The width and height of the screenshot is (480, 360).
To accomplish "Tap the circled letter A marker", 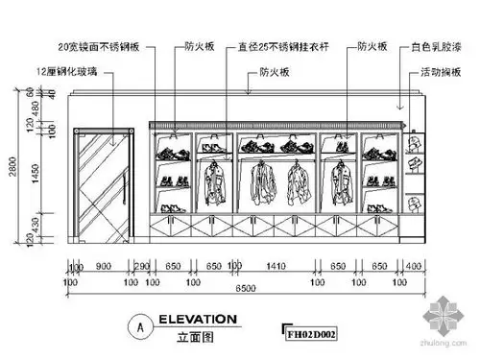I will coord(141,326).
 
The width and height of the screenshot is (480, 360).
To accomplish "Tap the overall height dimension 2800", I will coord(8,167).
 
